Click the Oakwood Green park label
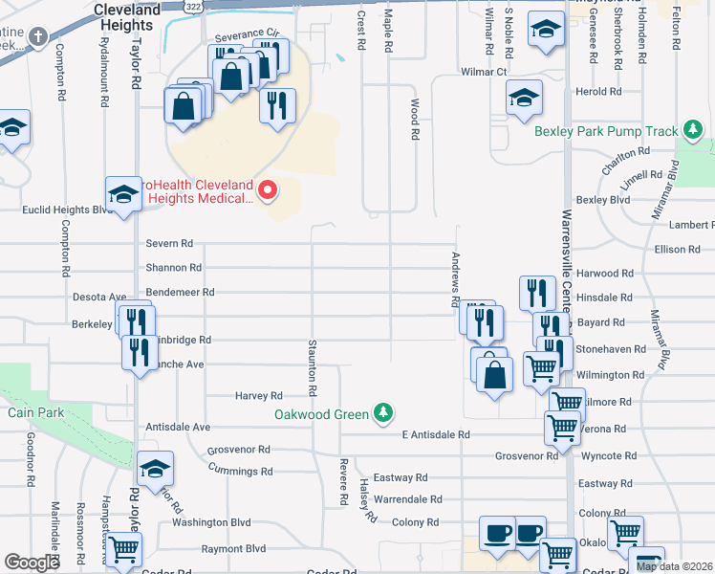coord(321,414)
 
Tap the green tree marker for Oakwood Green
coord(383,412)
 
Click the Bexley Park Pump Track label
coord(606,131)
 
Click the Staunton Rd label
coord(312,367)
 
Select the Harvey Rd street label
coord(259,395)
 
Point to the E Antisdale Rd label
coord(435,434)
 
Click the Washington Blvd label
coord(211,522)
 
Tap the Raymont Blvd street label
coord(233,549)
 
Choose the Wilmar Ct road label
coord(483,72)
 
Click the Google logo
coord(32,563)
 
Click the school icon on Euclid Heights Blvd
coord(123,194)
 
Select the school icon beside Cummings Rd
coord(155,469)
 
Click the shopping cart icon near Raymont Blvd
coord(124,549)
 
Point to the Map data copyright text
coord(675,566)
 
